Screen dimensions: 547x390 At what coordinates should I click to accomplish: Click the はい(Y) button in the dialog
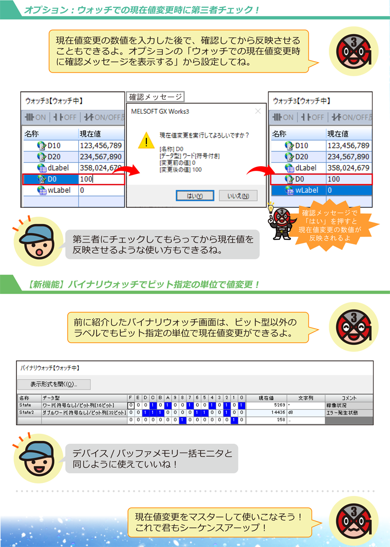[x=195, y=196]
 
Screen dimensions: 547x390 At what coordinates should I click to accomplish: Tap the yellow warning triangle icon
[x=146, y=141]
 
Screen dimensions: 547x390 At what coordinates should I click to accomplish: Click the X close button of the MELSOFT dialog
[x=258, y=111]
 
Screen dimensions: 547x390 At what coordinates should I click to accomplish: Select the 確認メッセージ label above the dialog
[x=155, y=97]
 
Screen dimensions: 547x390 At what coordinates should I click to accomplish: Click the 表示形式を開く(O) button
[x=54, y=384]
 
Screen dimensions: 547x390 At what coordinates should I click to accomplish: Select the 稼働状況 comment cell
[x=337, y=405]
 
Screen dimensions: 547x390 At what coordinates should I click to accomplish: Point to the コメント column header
[x=349, y=397]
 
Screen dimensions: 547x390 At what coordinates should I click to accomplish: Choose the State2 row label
[x=26, y=413]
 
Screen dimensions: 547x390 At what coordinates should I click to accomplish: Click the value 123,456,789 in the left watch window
[x=100, y=146]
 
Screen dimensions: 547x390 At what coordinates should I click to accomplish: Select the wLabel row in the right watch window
[x=321, y=190]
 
